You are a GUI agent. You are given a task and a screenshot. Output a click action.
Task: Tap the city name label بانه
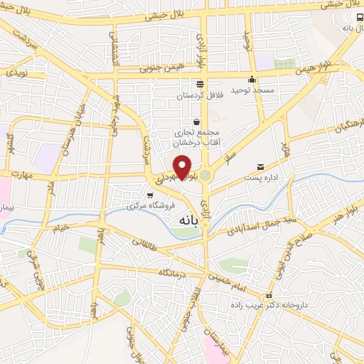click(x=183, y=220)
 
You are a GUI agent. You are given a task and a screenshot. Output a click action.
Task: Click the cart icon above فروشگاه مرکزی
click(x=149, y=195)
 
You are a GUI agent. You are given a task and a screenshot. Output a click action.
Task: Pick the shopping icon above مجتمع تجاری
click(x=196, y=122)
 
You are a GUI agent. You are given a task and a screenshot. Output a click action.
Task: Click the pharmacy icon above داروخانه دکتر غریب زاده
click(x=268, y=294)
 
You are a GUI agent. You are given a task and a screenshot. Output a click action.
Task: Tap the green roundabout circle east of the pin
click(x=205, y=174)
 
